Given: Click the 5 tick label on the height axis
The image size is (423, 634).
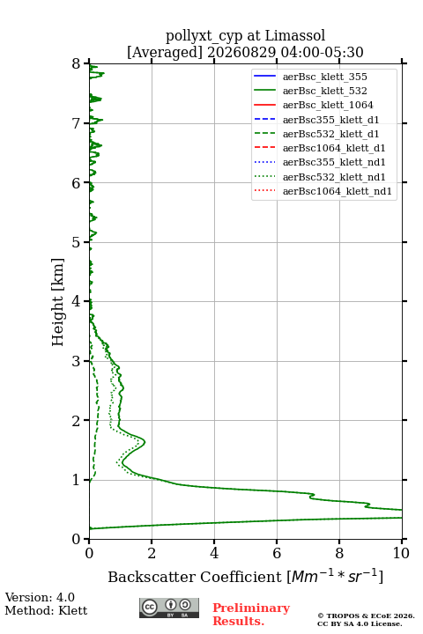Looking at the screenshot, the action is [x=77, y=242].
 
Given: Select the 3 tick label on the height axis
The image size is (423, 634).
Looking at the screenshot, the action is [x=77, y=361].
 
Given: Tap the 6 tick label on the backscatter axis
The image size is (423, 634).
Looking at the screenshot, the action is [x=277, y=553].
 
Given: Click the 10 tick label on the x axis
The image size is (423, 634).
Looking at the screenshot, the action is [x=401, y=553].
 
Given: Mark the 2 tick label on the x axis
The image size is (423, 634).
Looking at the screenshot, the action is [x=152, y=553].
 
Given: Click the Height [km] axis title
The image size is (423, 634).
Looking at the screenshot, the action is [x=58, y=302].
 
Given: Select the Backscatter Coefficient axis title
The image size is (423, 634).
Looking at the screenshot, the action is [x=245, y=576].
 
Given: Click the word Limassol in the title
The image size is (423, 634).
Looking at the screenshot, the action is [x=295, y=35].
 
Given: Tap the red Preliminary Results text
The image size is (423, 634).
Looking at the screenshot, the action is [x=251, y=614].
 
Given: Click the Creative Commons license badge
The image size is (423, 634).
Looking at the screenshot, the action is [x=169, y=608].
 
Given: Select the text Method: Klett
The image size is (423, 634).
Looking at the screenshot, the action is [x=46, y=610].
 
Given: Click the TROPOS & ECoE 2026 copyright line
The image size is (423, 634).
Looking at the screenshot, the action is [x=366, y=616].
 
